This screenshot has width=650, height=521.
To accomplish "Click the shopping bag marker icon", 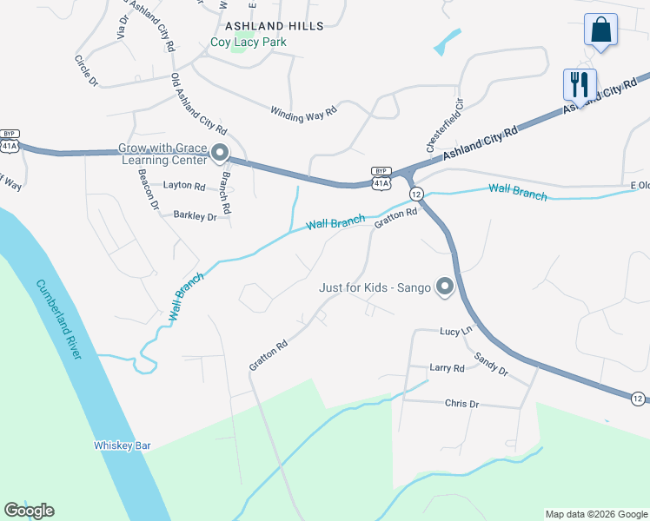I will coord(600,30).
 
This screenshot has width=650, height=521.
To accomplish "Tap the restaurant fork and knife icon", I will coord(580,84).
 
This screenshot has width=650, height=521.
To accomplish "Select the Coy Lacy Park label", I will coord(249,42).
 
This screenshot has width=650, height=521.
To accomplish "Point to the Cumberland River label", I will coord(60,319).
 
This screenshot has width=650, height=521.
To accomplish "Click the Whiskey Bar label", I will coord(123,445).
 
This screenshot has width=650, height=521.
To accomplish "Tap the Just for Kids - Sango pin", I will coord(445,287).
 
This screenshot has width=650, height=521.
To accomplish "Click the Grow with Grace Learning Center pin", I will coord(219,154).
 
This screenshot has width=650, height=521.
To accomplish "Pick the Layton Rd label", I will coord(184,186).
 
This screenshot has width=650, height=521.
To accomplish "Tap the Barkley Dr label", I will coord(195,216).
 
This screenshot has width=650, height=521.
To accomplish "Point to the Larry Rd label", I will coord(447,368).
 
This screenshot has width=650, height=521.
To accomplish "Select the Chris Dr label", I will coord(461,404).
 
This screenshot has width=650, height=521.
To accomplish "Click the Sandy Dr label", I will coord(491,363).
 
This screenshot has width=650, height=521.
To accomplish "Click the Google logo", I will coord(29,511).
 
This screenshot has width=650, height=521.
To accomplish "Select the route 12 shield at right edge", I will coord(639,399).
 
